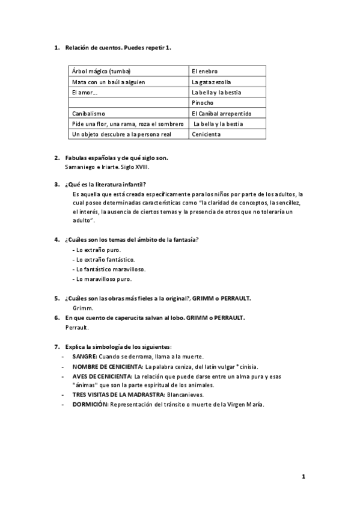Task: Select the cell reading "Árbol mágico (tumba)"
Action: click(101, 71)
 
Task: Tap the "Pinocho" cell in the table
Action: click(203, 102)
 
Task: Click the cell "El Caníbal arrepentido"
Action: click(221, 113)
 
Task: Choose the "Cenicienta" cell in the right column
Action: click(206, 134)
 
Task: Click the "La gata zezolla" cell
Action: click(211, 81)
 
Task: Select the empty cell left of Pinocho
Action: click(128, 102)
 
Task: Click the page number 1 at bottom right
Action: click(304, 477)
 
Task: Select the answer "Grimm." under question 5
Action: click(76, 307)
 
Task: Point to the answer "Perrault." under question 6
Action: click(77, 328)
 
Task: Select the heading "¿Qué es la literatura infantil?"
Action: click(106, 184)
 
